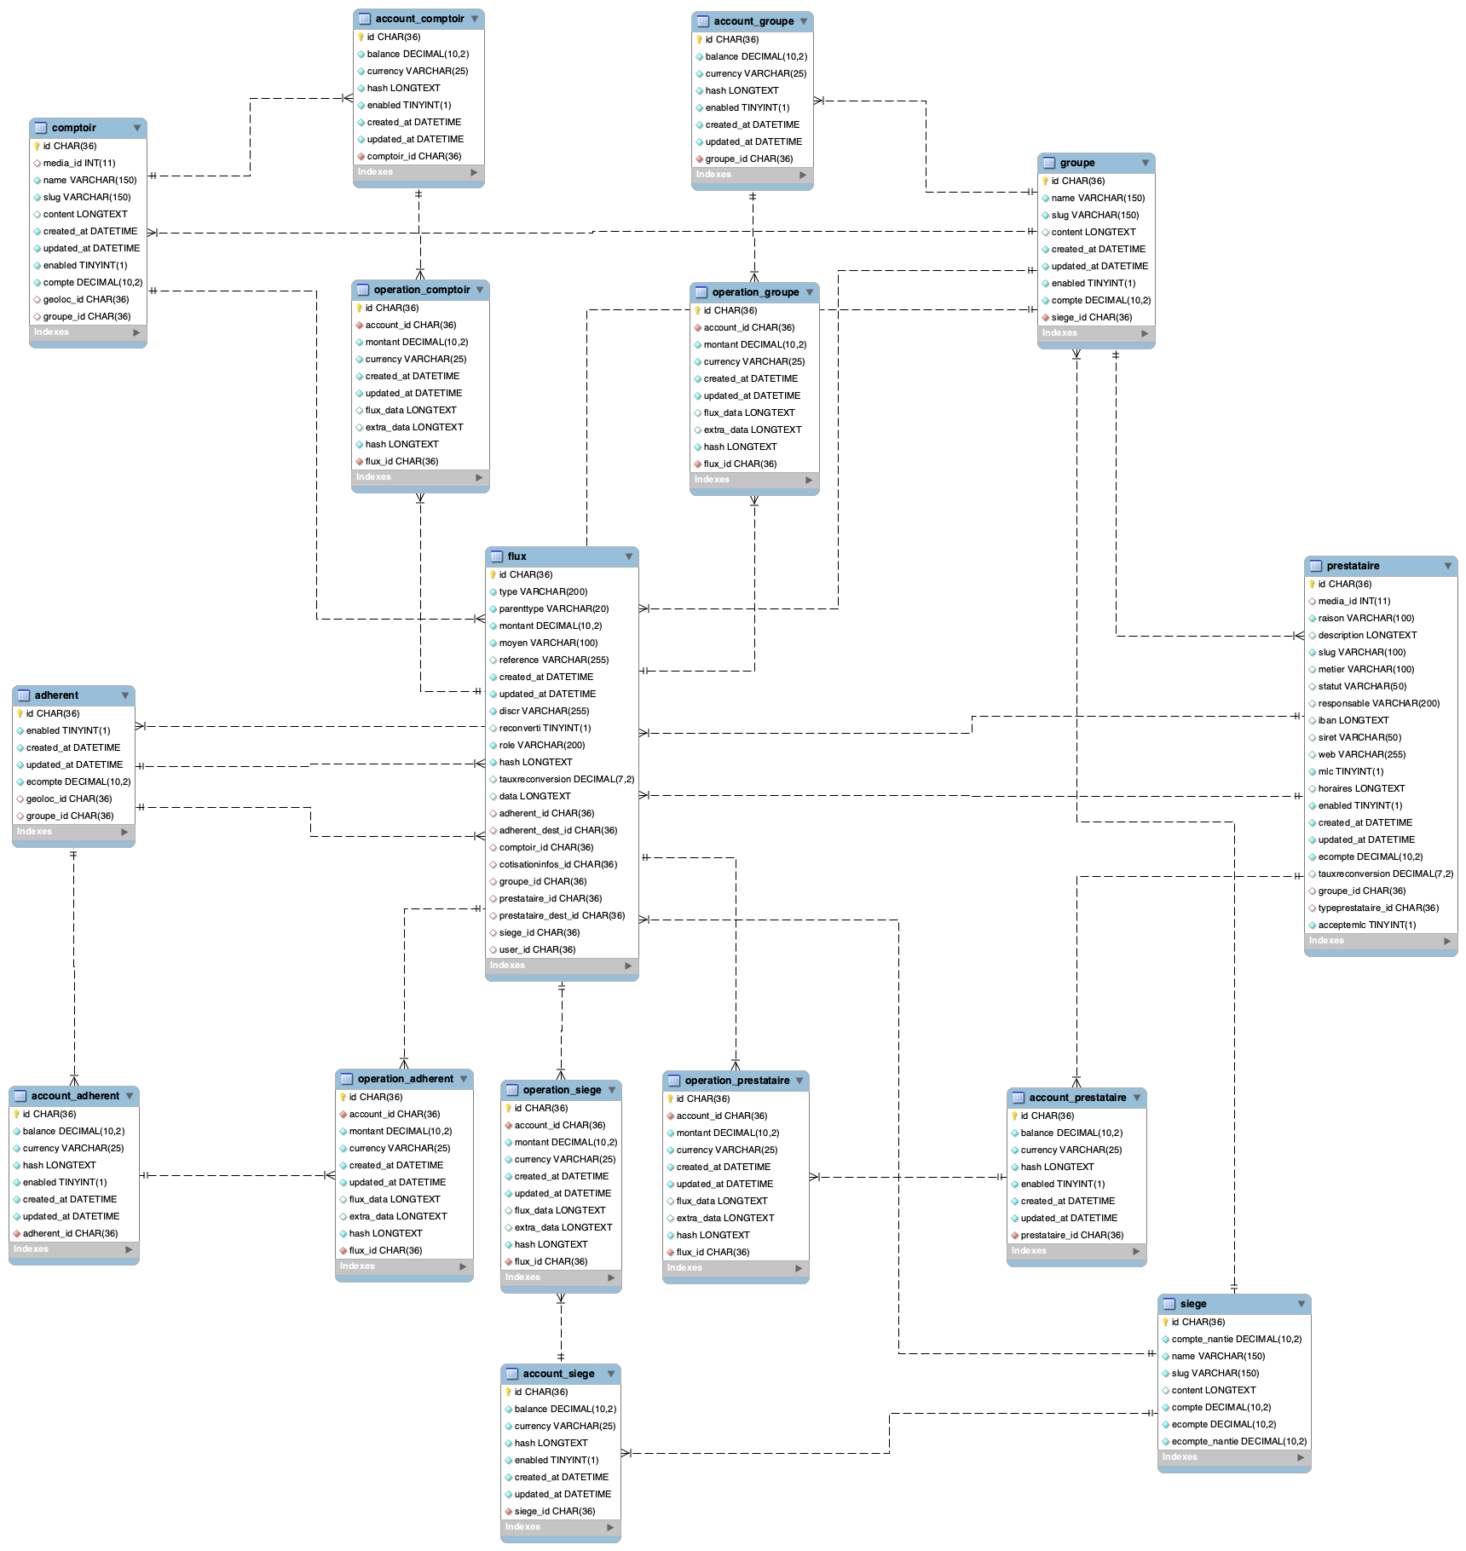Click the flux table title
[x=517, y=556]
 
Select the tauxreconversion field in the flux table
[x=567, y=779]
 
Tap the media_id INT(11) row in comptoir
[x=79, y=163]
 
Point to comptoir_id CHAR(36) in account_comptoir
[x=414, y=156]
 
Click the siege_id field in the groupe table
[x=1092, y=317]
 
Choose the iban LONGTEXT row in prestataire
[x=1353, y=720]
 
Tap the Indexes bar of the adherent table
[x=73, y=832]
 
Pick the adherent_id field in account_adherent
[x=70, y=1233]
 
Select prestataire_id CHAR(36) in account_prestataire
[x=1072, y=1235]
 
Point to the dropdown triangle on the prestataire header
[x=1447, y=566]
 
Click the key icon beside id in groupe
[x=1045, y=181]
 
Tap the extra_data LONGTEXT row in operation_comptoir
[x=414, y=427]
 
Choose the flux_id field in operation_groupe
[x=740, y=464]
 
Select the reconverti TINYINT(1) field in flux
[x=545, y=728]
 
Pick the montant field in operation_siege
[x=565, y=1142]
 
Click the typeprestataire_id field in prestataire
[x=1378, y=908]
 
